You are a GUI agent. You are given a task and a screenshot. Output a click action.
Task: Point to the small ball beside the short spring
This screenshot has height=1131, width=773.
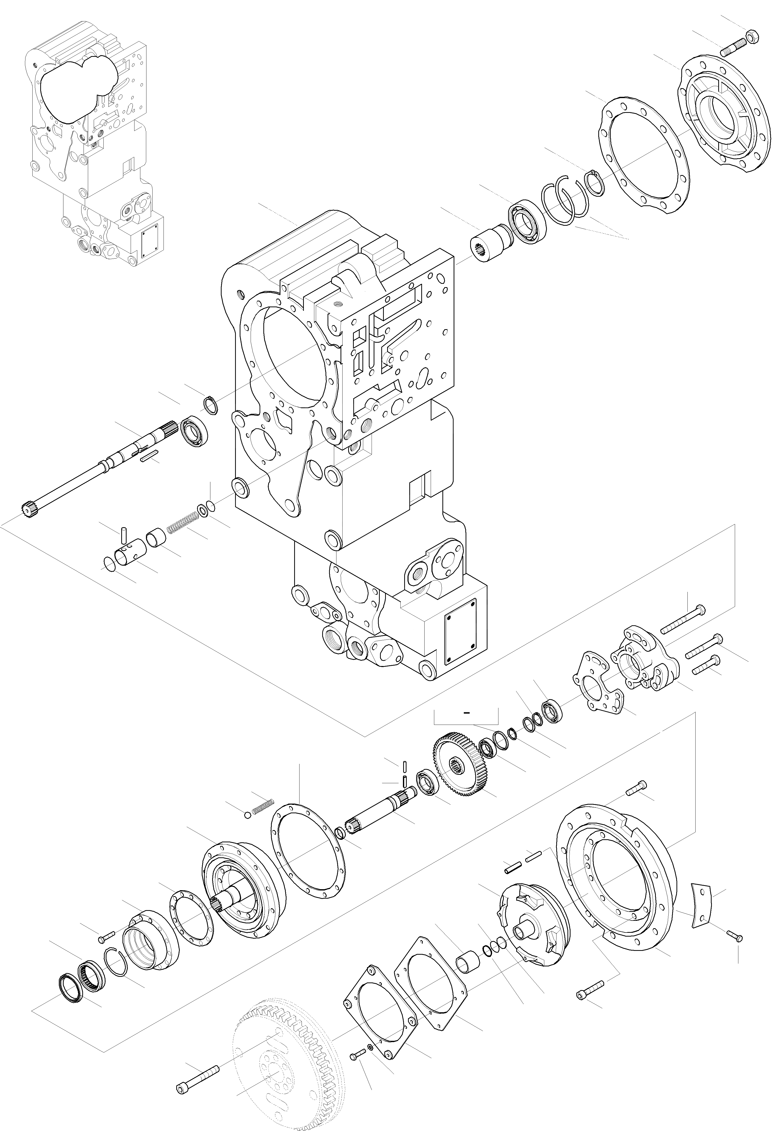coord(247,815)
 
